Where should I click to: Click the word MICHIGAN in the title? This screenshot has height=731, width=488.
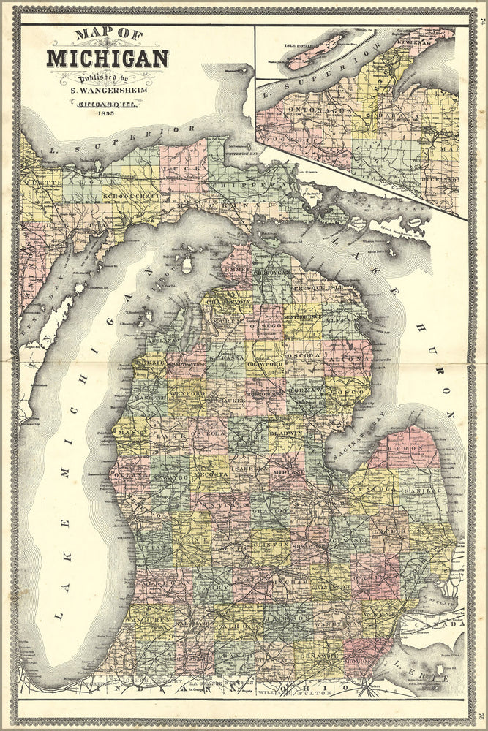tap(108, 58)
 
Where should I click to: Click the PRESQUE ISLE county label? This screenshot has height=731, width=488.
tap(313, 289)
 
